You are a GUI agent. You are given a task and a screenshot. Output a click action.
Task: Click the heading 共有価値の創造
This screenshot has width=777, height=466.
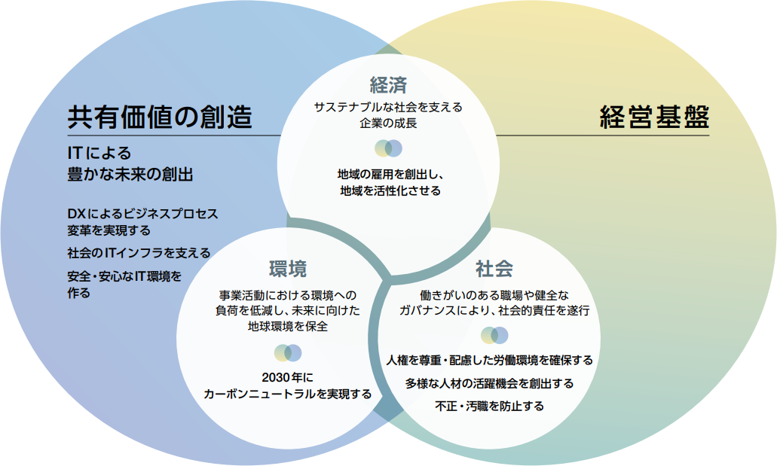pyautogui.click(x=160, y=117)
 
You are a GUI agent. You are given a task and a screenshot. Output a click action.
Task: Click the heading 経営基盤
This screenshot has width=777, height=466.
pyautogui.click(x=654, y=117)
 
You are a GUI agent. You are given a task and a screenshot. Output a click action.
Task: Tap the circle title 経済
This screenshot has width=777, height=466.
pyautogui.click(x=388, y=84)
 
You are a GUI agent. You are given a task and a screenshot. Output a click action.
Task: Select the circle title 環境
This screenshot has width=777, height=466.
pyautogui.click(x=288, y=269)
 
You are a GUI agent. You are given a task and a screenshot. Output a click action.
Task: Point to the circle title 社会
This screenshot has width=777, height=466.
pyautogui.click(x=494, y=269)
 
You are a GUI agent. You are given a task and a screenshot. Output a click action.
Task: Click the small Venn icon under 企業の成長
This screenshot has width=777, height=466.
pyautogui.click(x=388, y=148)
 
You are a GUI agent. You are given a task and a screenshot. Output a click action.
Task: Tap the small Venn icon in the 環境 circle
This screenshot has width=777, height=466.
pyautogui.click(x=288, y=352)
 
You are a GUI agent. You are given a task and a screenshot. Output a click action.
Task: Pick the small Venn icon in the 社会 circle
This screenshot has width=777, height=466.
pyautogui.click(x=494, y=335)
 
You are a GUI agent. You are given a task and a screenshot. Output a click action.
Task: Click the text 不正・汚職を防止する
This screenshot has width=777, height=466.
pyautogui.click(x=489, y=407)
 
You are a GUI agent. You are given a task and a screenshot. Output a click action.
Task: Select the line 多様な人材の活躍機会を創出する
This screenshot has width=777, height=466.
pyautogui.click(x=489, y=383)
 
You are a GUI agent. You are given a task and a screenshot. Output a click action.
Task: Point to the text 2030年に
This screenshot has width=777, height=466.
pyautogui.click(x=287, y=376)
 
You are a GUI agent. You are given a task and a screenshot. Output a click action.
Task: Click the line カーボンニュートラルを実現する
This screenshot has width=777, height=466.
pyautogui.click(x=287, y=394)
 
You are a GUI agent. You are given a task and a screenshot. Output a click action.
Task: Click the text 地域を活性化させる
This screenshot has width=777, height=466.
pyautogui.click(x=389, y=191)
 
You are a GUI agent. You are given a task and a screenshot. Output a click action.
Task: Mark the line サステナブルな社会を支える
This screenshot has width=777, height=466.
pyautogui.click(x=388, y=107)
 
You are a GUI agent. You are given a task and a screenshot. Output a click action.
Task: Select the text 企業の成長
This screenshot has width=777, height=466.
pyautogui.click(x=388, y=123)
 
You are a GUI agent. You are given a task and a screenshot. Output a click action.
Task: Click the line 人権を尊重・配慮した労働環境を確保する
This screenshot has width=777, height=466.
pyautogui.click(x=489, y=360)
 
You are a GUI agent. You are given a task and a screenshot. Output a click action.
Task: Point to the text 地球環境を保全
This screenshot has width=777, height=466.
pyautogui.click(x=287, y=327)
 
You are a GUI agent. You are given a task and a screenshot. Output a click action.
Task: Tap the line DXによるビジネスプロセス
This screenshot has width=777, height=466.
pyautogui.click(x=142, y=213)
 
